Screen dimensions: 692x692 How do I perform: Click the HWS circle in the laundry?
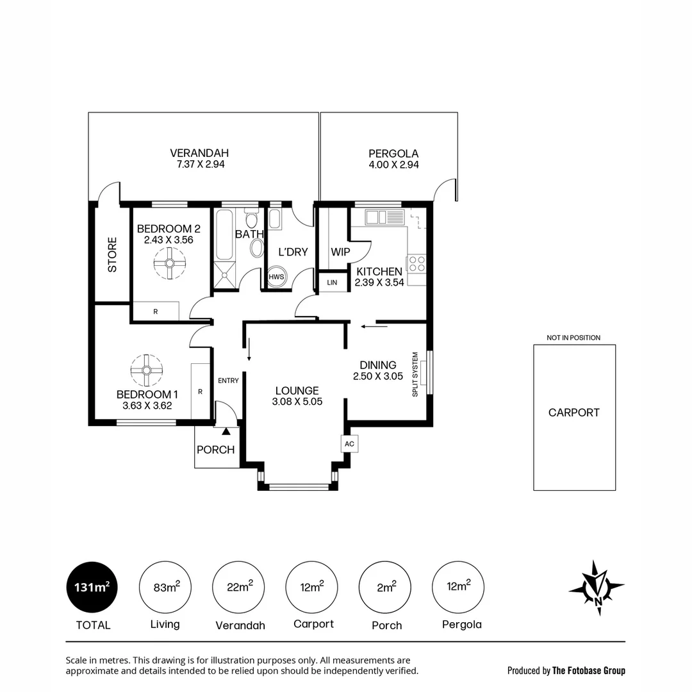(x=277, y=276)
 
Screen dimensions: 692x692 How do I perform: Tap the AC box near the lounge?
(x=349, y=443)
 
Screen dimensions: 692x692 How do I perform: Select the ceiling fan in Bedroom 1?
(x=146, y=370)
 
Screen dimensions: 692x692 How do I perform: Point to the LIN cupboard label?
(x=332, y=282)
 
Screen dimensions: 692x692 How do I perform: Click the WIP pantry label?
(x=340, y=252)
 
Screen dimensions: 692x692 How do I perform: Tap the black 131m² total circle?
(x=92, y=587)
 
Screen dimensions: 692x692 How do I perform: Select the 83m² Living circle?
(x=165, y=587)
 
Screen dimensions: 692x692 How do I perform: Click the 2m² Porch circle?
(x=386, y=587)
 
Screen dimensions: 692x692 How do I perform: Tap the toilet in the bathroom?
(x=256, y=249)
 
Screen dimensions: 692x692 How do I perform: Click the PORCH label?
(x=215, y=450)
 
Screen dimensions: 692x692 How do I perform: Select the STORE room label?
(x=112, y=255)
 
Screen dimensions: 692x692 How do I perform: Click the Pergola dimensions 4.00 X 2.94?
(x=393, y=165)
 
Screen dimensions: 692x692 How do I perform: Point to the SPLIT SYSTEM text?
(x=415, y=374)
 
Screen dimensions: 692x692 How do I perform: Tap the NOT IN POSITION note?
(x=573, y=338)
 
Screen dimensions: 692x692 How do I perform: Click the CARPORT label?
(x=573, y=413)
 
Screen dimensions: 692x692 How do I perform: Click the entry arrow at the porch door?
(x=225, y=434)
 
